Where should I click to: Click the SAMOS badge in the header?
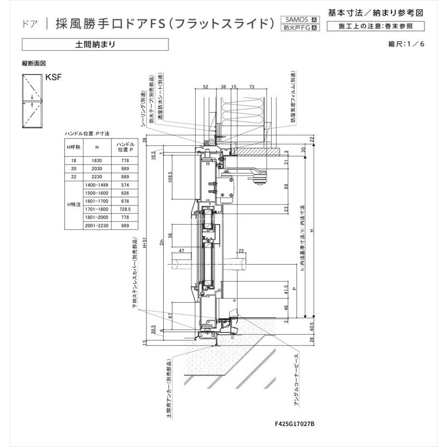pos(299,19)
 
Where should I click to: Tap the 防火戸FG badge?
pos(299,28)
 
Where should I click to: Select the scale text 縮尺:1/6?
pos(406,44)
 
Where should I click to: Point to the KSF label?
pos(54,77)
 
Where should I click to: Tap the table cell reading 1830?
pos(97,160)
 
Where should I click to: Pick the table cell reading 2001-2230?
pos(97,227)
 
